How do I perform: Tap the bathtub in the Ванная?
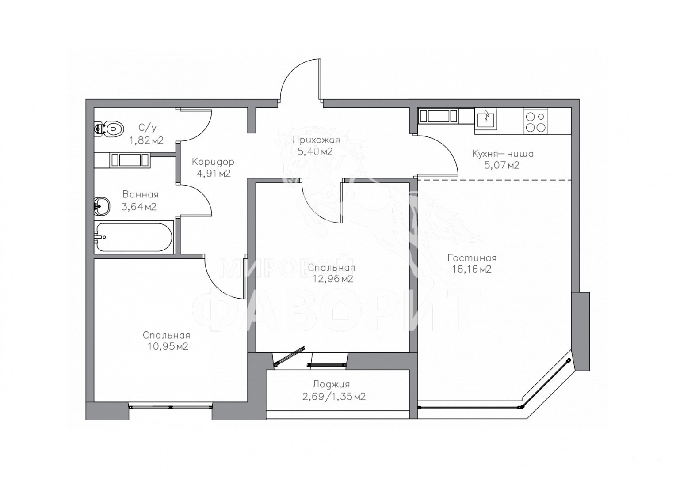pyautogui.click(x=134, y=237)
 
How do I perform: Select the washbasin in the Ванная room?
pyautogui.click(x=101, y=206)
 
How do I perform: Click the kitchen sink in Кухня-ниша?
pyautogui.click(x=486, y=119)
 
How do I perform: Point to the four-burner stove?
pyautogui.click(x=536, y=121)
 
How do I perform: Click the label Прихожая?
pyautogui.click(x=316, y=140)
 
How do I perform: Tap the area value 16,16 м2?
pyautogui.click(x=472, y=269)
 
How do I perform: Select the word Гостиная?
pyautogui.click(x=472, y=258)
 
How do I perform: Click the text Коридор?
pyautogui.click(x=213, y=162)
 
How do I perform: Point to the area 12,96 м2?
pyautogui.click(x=332, y=279)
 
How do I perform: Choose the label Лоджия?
pyautogui.click(x=331, y=384)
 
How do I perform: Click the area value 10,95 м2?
pyautogui.click(x=168, y=346)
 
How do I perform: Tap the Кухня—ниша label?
pyautogui.click(x=503, y=154)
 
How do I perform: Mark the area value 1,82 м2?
pyautogui.click(x=146, y=140)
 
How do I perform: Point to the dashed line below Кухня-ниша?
pyautogui.click(x=495, y=180)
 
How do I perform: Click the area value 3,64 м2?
pyautogui.click(x=139, y=207)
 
